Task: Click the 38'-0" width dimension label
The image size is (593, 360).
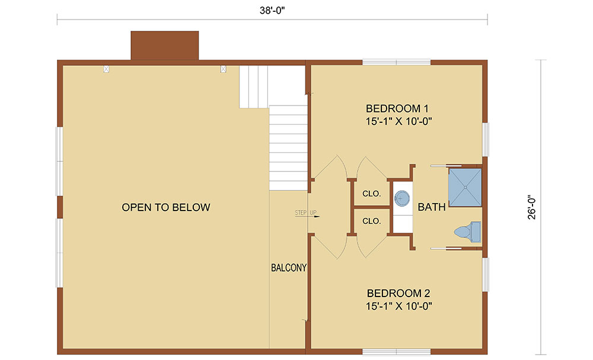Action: coord(272,11)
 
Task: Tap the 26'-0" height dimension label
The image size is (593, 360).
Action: coord(532,207)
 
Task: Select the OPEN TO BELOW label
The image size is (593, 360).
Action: coord(166,207)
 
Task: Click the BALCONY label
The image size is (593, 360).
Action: coord(289,267)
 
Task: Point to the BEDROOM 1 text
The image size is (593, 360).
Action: coord(397,109)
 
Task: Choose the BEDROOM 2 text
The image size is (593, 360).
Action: coord(398,293)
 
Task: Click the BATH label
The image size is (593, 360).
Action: coord(432,207)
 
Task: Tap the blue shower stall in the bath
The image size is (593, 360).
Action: coord(465,187)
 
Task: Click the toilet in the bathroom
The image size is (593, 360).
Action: coord(467,231)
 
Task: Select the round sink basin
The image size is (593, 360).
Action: coord(402,198)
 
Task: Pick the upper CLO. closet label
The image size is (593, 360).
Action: coord(371,193)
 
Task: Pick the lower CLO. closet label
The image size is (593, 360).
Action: coord(371,221)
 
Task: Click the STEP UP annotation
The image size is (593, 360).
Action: coord(305,212)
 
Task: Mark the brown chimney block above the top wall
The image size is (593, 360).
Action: coord(164,46)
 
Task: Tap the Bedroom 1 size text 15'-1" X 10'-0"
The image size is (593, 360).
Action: coord(398,122)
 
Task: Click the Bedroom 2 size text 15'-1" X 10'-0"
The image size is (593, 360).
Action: coord(398,306)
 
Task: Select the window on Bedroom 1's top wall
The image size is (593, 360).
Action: coord(396,62)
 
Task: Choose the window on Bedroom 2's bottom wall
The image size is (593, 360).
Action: coord(396,352)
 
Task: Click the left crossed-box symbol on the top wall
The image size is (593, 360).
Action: coord(106,69)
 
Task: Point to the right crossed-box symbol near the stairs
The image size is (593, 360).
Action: coord(223,69)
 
